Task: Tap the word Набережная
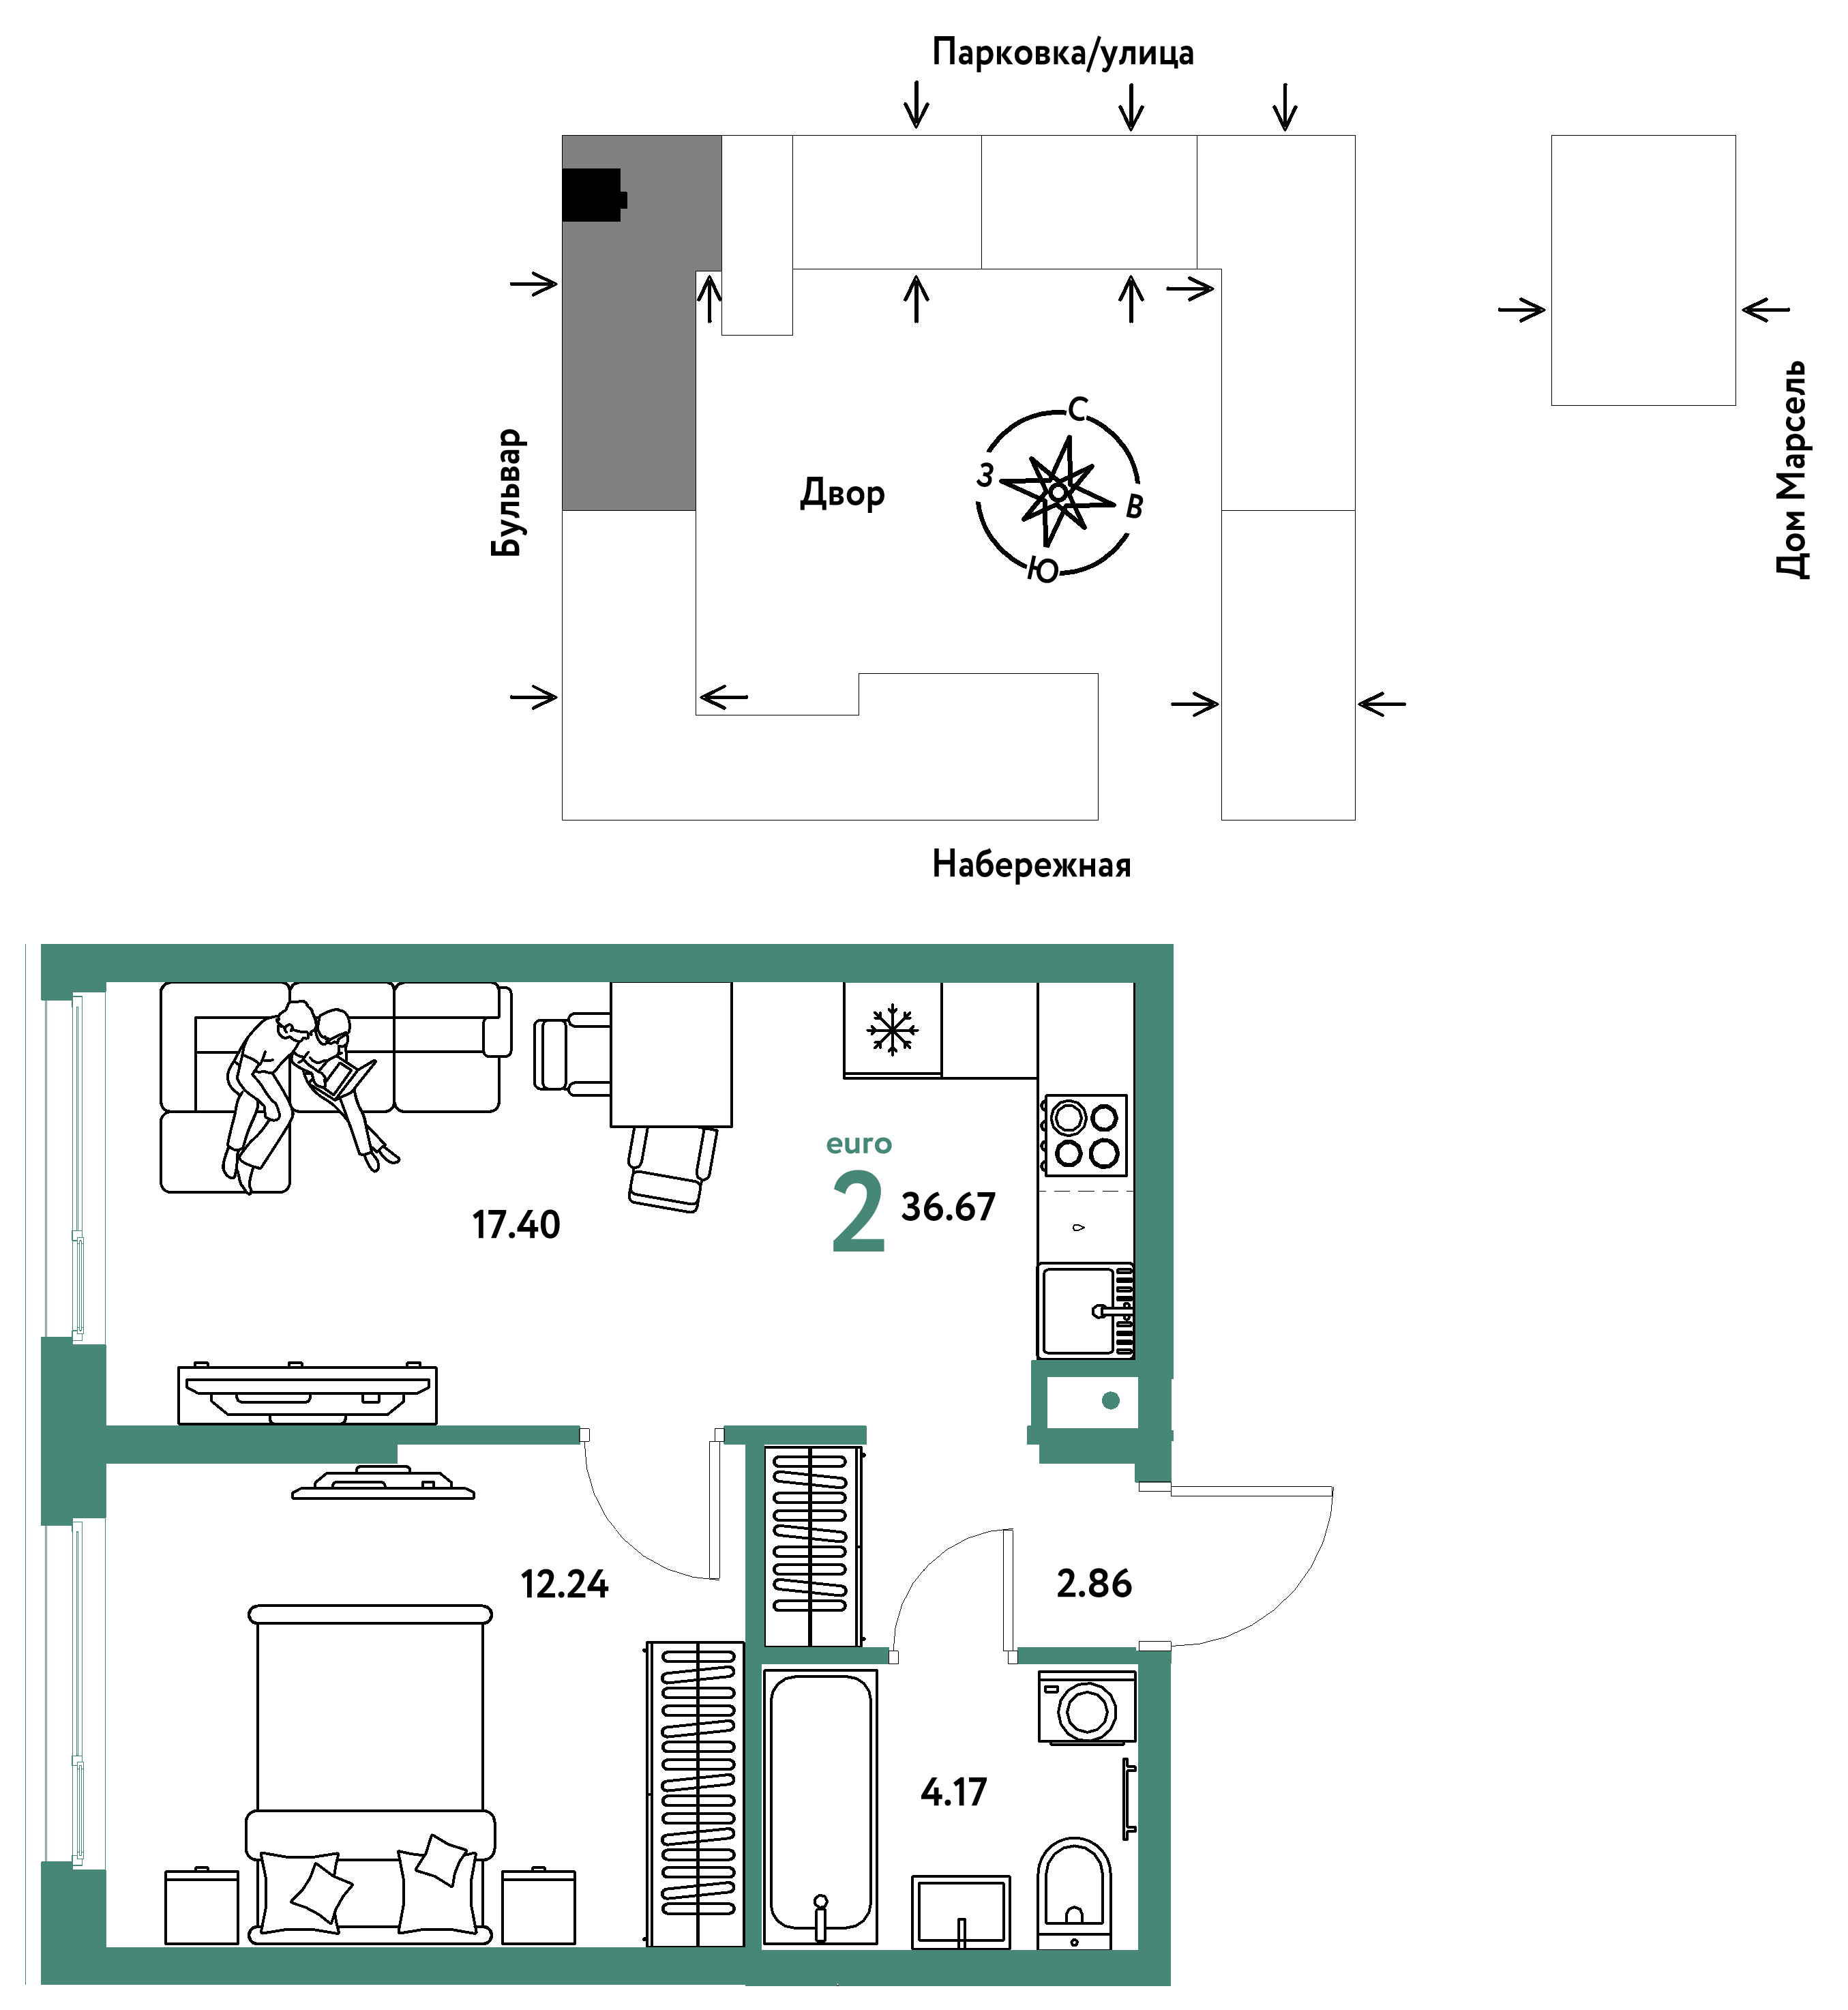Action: click(1031, 864)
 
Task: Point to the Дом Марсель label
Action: click(1792, 469)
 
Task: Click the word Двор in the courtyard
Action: click(842, 493)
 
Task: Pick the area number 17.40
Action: click(516, 1225)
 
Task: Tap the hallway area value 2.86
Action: click(1094, 1584)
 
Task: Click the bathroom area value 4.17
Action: click(953, 1792)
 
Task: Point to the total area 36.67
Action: click(948, 1207)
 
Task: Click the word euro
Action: click(858, 1144)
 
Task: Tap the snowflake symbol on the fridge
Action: click(891, 1030)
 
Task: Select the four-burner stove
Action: click(1085, 1135)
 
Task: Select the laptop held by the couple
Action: click(343, 1080)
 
